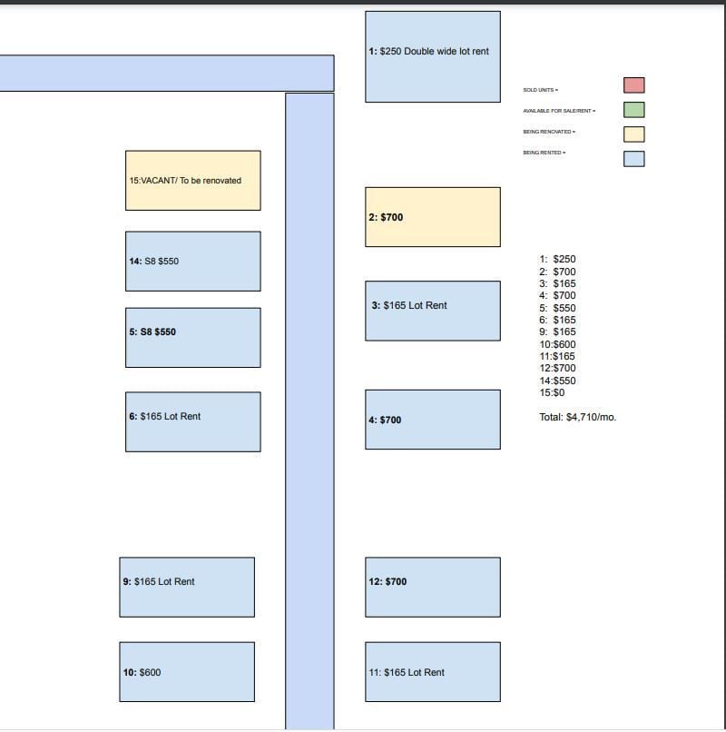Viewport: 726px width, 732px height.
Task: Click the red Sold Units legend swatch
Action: tap(634, 85)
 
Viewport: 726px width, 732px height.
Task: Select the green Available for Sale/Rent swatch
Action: tap(634, 110)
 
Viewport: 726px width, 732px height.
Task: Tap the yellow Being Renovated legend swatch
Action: tap(634, 134)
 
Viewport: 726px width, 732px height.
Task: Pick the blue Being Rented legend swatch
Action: tap(634, 159)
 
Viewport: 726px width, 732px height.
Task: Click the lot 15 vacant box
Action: tap(193, 181)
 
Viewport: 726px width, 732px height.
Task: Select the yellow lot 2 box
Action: tap(433, 217)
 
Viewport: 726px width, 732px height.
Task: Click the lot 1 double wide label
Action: tap(428, 52)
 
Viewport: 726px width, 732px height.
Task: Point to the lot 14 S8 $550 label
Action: tap(154, 262)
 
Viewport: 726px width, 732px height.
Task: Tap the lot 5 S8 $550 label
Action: tap(152, 331)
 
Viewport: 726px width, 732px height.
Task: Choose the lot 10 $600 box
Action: tap(187, 672)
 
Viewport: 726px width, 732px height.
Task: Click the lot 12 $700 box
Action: tap(433, 588)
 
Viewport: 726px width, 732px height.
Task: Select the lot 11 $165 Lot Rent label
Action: tap(407, 672)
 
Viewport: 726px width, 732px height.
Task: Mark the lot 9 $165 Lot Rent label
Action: tap(159, 581)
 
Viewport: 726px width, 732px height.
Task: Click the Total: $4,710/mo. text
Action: tap(578, 418)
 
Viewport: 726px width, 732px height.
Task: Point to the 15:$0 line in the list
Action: tap(552, 392)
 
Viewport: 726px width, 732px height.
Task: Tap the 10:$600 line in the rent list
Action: tap(557, 344)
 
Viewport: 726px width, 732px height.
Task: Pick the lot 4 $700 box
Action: tap(433, 420)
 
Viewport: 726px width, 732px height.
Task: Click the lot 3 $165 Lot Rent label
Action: tap(409, 305)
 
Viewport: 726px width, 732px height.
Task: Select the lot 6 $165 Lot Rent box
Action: tap(193, 422)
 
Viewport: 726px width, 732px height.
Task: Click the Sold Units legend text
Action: tap(540, 90)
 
